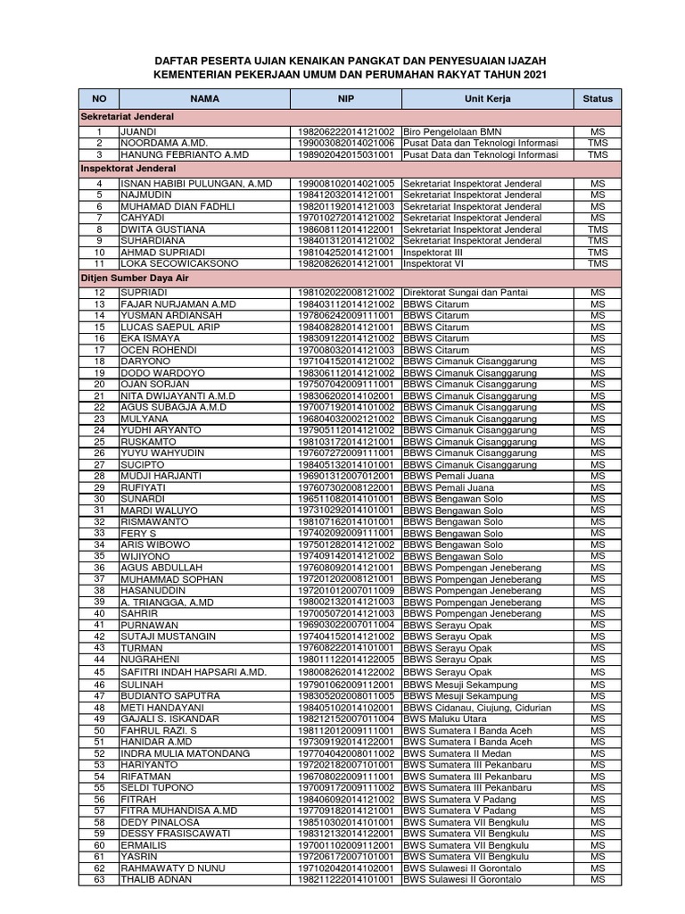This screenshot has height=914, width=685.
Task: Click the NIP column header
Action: click(x=346, y=99)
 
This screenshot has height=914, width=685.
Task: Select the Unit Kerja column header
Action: click(x=487, y=99)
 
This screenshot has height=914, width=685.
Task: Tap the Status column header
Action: click(x=597, y=99)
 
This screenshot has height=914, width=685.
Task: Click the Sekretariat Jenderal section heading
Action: click(x=128, y=117)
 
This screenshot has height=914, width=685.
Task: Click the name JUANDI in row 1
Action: click(x=138, y=131)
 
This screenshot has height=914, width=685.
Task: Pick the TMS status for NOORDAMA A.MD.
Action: click(x=597, y=143)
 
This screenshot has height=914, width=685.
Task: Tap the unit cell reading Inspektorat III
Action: click(x=439, y=252)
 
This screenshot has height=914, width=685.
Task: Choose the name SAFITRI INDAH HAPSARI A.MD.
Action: click(x=194, y=672)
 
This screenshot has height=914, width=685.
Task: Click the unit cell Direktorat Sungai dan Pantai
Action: click(x=470, y=292)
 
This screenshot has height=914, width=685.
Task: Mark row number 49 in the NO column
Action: click(x=100, y=719)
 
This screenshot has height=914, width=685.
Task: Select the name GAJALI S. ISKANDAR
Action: click(x=169, y=719)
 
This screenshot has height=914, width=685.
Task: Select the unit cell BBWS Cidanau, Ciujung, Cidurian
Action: click(x=476, y=707)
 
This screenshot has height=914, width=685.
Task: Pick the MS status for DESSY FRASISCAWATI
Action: click(x=597, y=834)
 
